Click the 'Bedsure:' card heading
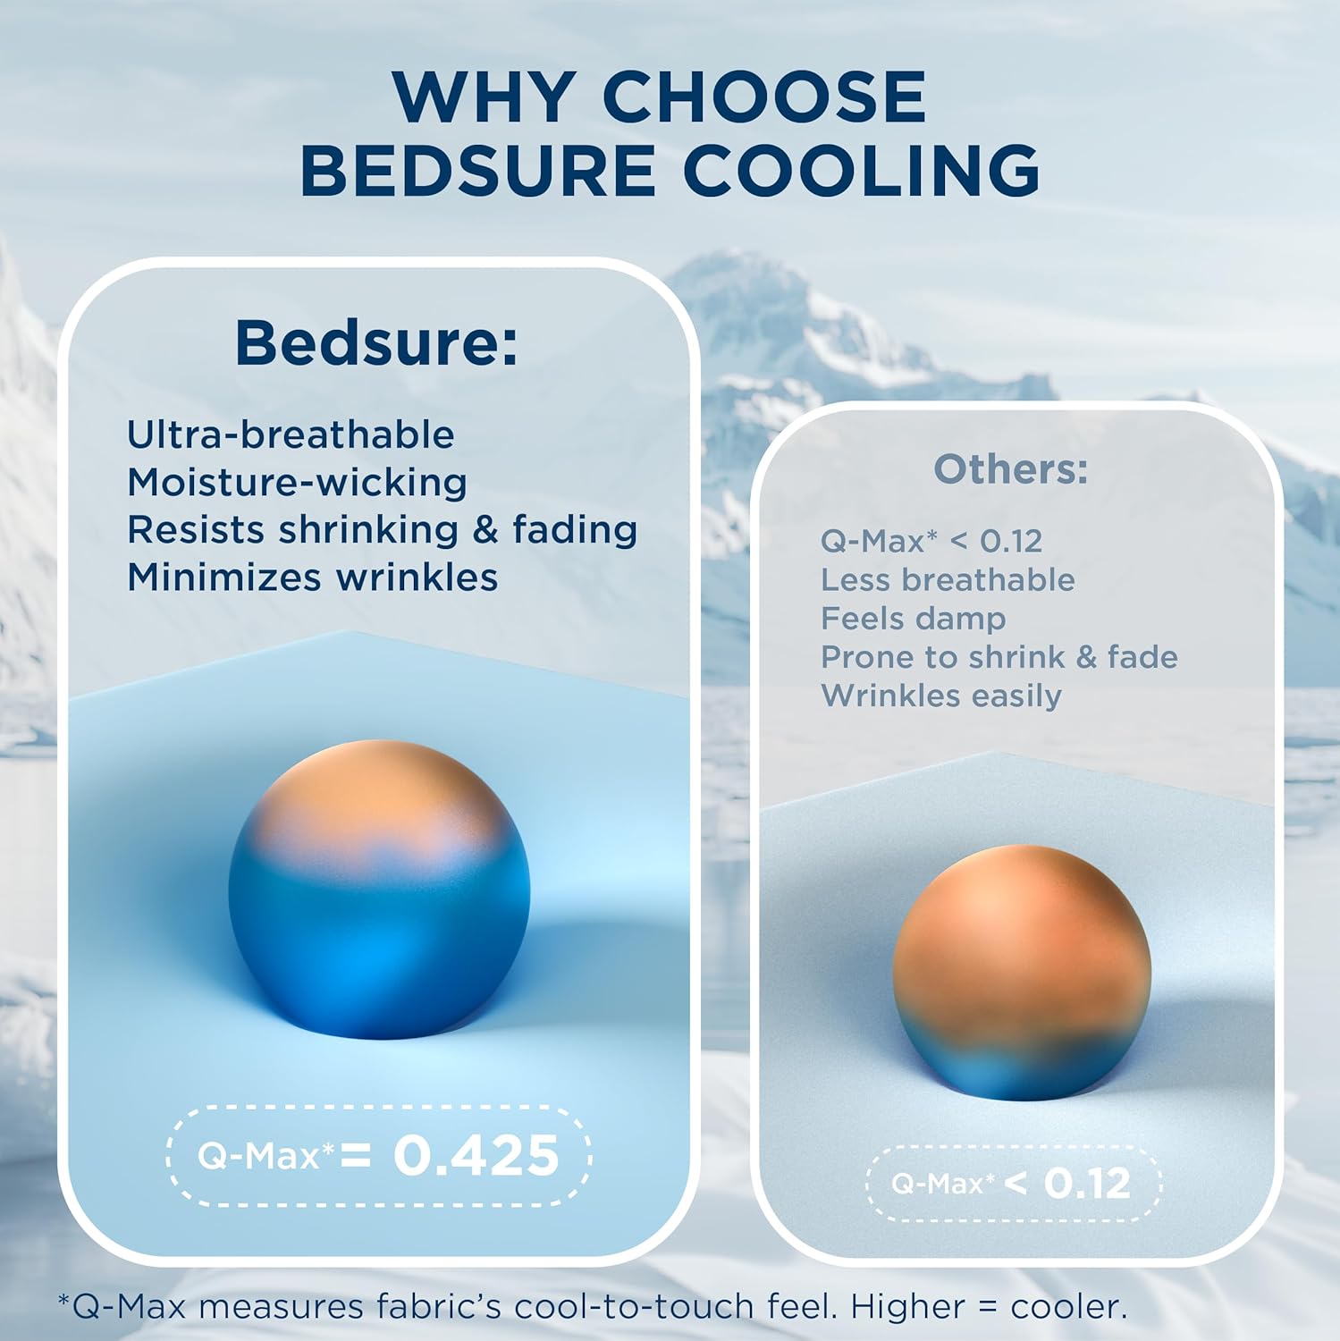pos(376,342)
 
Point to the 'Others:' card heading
pos(1011,468)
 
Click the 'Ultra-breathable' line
pos(291,434)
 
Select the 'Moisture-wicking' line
pos(297,483)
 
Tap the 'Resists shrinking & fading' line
pos(382,529)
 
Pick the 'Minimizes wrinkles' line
pos(312,577)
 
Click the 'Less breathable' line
pos(948,579)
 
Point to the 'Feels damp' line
pos(913,618)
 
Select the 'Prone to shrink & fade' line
pos(999,657)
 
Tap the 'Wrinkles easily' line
pos(940,696)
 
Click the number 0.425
pos(476,1155)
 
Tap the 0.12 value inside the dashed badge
pos(1086,1184)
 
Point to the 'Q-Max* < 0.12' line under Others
pos(931,541)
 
